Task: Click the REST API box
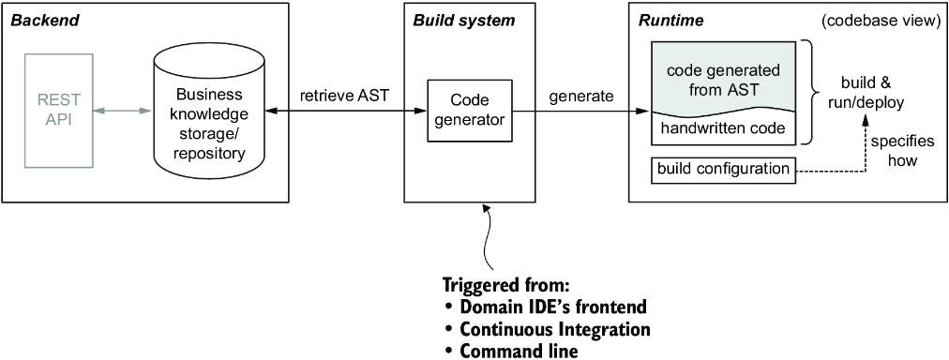[59, 111]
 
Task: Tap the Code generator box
[470, 111]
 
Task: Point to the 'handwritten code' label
[723, 128]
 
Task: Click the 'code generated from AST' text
[723, 80]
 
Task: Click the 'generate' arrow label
[581, 97]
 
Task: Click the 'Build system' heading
[463, 21]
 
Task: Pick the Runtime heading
[671, 21]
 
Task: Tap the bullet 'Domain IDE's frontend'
[546, 307]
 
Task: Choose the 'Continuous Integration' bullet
[548, 329]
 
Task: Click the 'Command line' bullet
[511, 351]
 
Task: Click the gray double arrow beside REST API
[123, 111]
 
